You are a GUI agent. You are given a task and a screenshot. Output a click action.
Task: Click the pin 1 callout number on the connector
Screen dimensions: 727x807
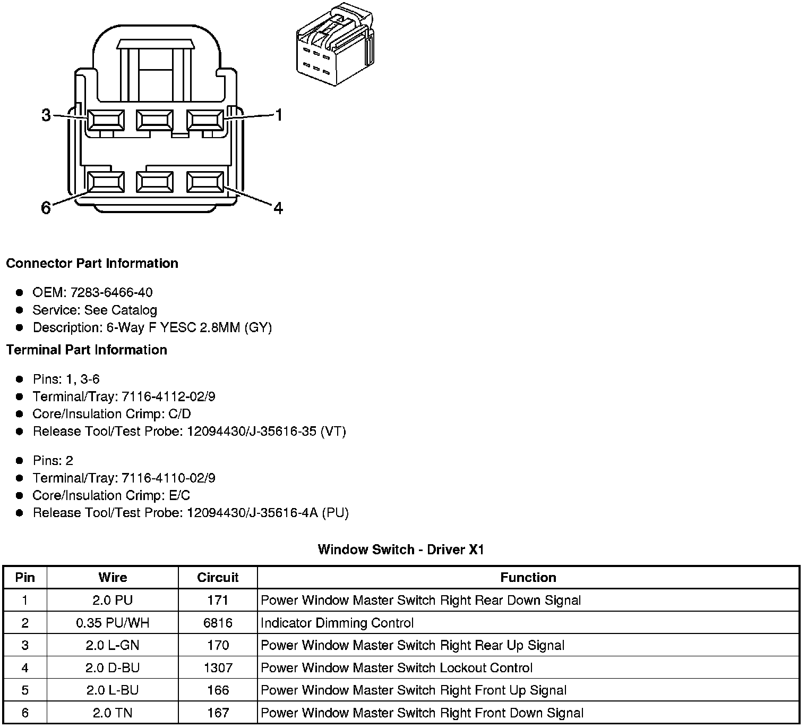click(x=278, y=115)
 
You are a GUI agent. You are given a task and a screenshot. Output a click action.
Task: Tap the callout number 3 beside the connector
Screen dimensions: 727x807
click(x=47, y=115)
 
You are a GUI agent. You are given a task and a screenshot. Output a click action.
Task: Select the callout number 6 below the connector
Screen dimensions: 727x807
click(x=46, y=208)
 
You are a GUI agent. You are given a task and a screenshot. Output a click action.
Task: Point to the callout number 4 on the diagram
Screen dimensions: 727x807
click(x=278, y=208)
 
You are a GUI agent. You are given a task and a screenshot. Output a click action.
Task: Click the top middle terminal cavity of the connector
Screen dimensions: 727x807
click(x=154, y=120)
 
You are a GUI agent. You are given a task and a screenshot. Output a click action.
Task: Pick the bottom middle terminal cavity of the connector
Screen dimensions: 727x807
click(x=154, y=182)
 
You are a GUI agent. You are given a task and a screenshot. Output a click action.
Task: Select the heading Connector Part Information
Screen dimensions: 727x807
click(x=92, y=264)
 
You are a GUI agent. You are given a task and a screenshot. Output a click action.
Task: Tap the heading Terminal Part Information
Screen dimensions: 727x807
click(x=87, y=350)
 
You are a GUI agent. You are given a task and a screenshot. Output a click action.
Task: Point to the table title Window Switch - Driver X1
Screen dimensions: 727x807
click(x=401, y=550)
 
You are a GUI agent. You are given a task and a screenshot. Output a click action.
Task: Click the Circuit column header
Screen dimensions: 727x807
click(x=218, y=578)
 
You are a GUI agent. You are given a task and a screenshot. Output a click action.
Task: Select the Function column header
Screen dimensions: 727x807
click(x=528, y=578)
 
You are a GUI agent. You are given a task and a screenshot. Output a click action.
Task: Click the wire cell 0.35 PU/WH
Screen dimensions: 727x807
click(x=113, y=623)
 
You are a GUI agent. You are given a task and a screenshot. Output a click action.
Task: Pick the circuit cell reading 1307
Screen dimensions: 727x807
click(x=218, y=667)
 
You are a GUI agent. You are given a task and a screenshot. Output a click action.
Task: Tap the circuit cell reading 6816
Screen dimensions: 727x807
click(x=218, y=623)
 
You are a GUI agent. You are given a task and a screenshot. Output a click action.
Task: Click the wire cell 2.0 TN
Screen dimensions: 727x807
click(x=113, y=713)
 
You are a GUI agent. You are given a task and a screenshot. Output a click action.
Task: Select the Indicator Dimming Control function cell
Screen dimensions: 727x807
click(x=337, y=623)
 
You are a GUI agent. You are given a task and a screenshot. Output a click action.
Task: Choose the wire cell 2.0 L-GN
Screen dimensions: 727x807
click(x=113, y=645)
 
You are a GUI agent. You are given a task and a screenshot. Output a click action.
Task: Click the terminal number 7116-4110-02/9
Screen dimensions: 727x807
click(x=169, y=478)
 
